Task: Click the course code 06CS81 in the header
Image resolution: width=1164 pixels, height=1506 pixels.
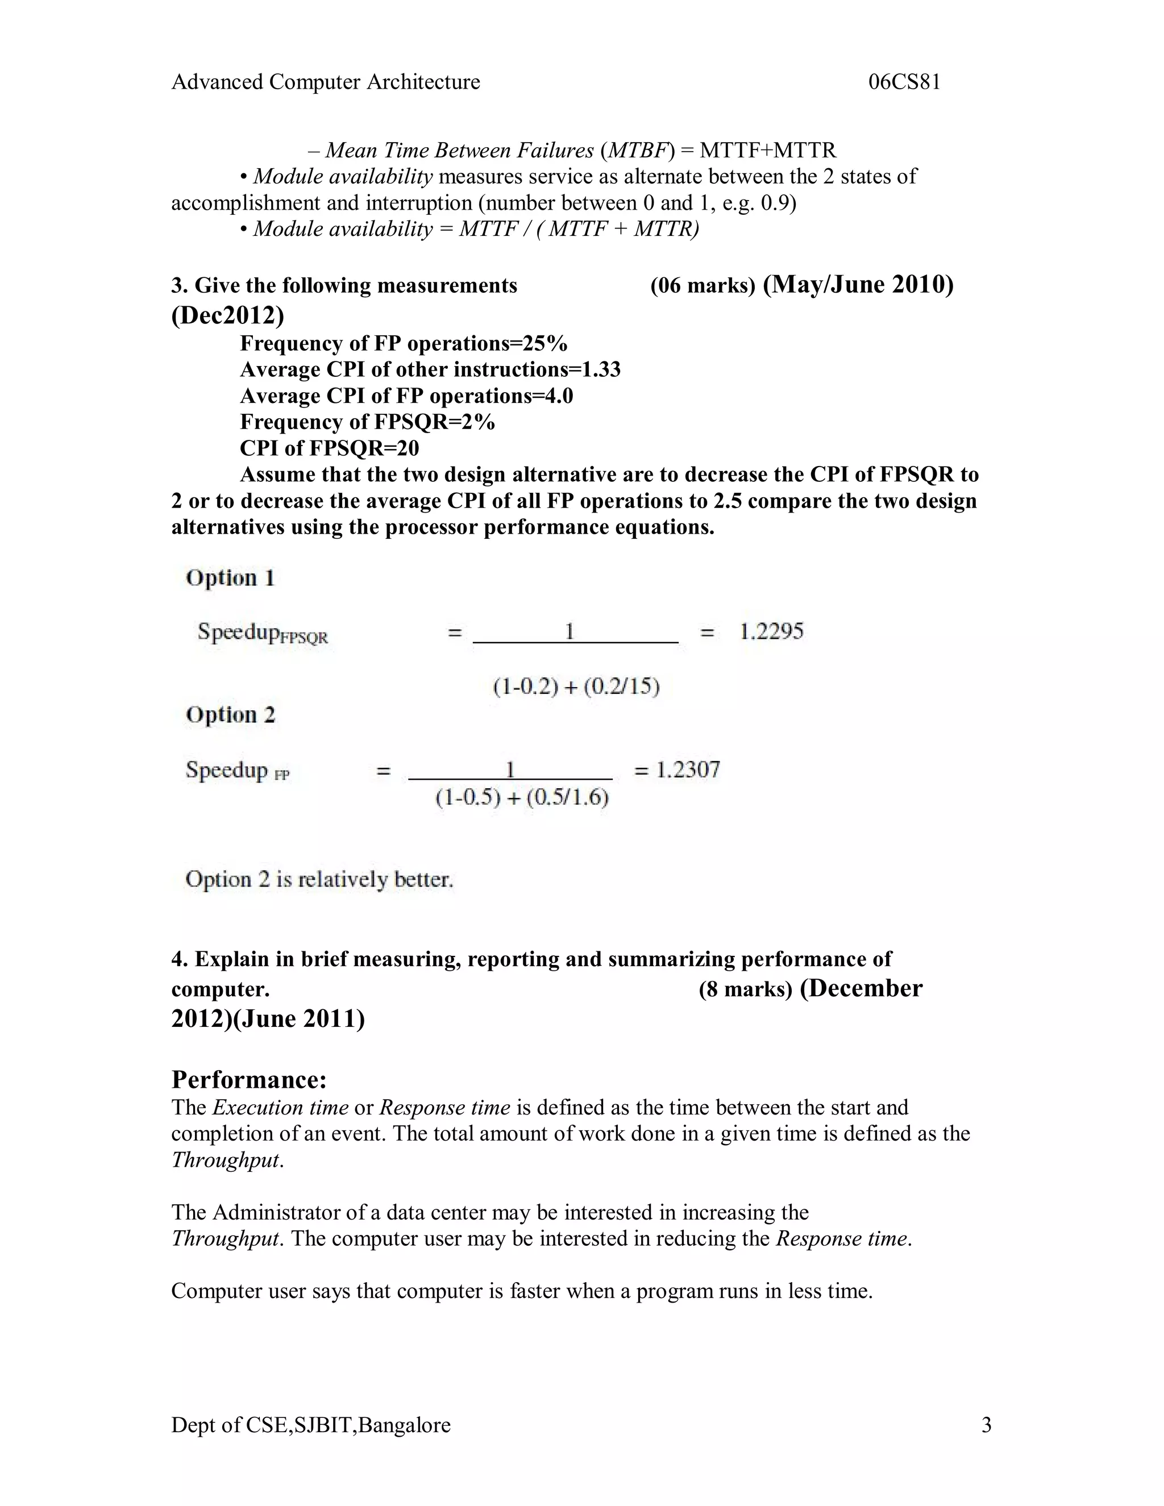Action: (904, 82)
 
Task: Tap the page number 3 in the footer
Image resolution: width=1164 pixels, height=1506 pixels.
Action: (986, 1425)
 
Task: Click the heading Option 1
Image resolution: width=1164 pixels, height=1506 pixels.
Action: (230, 578)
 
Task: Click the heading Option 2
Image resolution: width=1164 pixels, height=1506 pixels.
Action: (230, 714)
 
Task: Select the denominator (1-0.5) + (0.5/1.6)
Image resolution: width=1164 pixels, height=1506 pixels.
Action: (522, 798)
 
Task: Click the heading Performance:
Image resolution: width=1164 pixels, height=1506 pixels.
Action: (249, 1079)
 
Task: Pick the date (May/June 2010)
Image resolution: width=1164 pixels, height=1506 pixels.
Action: (858, 284)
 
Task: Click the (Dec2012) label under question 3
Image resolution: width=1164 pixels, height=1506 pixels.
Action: (227, 315)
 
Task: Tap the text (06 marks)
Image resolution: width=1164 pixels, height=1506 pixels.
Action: (702, 286)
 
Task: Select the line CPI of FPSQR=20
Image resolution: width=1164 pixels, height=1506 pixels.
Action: (329, 448)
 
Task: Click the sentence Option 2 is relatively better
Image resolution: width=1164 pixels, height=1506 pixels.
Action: (319, 879)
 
